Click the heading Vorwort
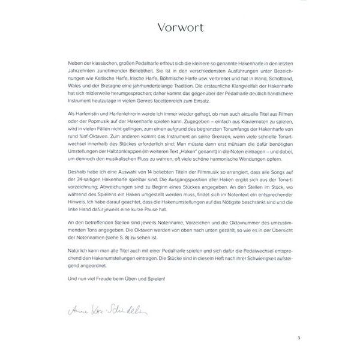point(179,28)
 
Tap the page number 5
point(297,338)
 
